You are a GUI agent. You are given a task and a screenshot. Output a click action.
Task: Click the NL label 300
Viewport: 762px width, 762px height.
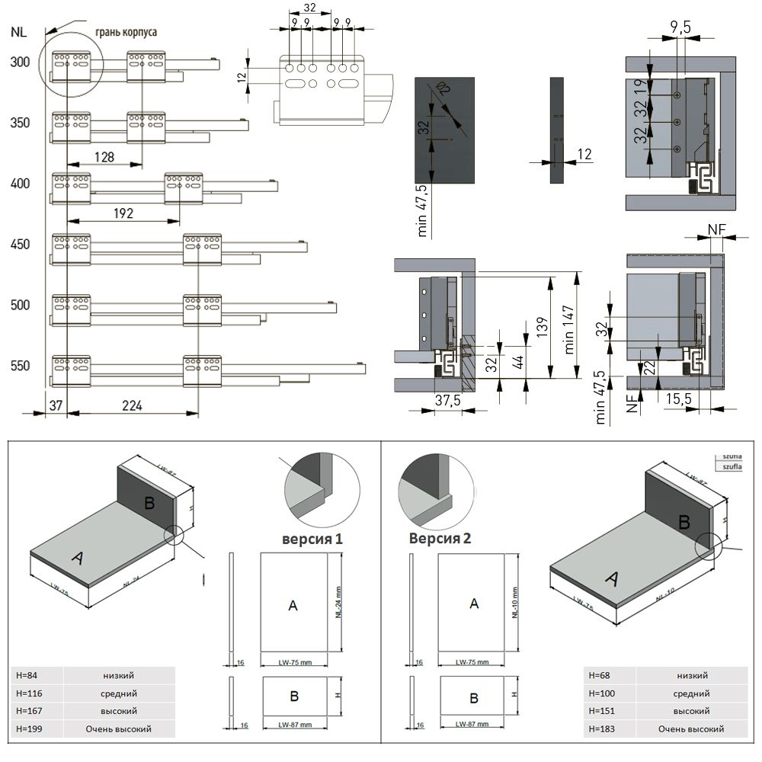20,62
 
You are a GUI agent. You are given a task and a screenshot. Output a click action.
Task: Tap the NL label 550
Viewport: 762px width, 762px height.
20,366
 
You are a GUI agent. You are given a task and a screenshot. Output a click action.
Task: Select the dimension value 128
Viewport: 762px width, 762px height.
104,157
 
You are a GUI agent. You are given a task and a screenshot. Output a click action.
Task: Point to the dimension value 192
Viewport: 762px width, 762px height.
124,214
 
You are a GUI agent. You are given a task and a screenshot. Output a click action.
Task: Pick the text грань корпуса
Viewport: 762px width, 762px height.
126,33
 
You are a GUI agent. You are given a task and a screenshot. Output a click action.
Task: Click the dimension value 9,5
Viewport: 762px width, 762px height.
680,27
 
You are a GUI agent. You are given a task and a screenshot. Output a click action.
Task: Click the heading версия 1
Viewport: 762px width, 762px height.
312,539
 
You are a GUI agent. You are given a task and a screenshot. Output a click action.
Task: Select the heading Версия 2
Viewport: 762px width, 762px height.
440,538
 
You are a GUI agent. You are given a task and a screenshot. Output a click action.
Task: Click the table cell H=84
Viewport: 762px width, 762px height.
29,675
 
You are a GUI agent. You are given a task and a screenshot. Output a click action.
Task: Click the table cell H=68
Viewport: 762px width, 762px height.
600,675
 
